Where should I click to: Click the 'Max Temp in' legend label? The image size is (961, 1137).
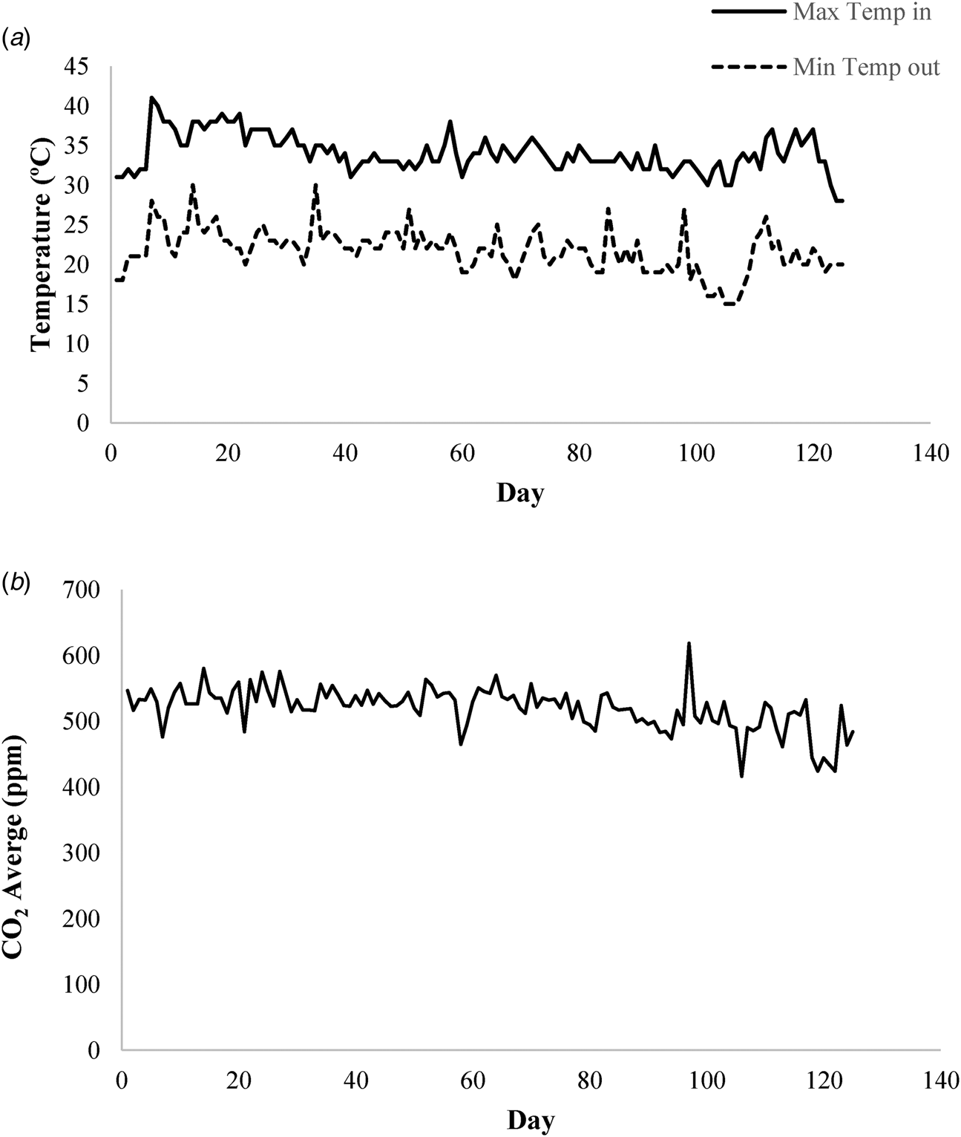(x=861, y=13)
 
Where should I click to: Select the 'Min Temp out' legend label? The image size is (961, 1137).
(x=866, y=68)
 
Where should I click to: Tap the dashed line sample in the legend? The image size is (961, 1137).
(x=749, y=68)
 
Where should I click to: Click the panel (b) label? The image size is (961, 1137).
(x=16, y=563)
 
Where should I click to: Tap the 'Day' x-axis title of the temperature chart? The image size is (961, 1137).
(x=519, y=492)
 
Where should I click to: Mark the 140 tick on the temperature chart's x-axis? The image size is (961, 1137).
(x=929, y=453)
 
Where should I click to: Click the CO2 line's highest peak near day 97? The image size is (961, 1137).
(x=689, y=643)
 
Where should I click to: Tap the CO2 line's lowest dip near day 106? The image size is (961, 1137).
(x=741, y=776)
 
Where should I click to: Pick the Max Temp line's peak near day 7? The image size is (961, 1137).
(x=151, y=97)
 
